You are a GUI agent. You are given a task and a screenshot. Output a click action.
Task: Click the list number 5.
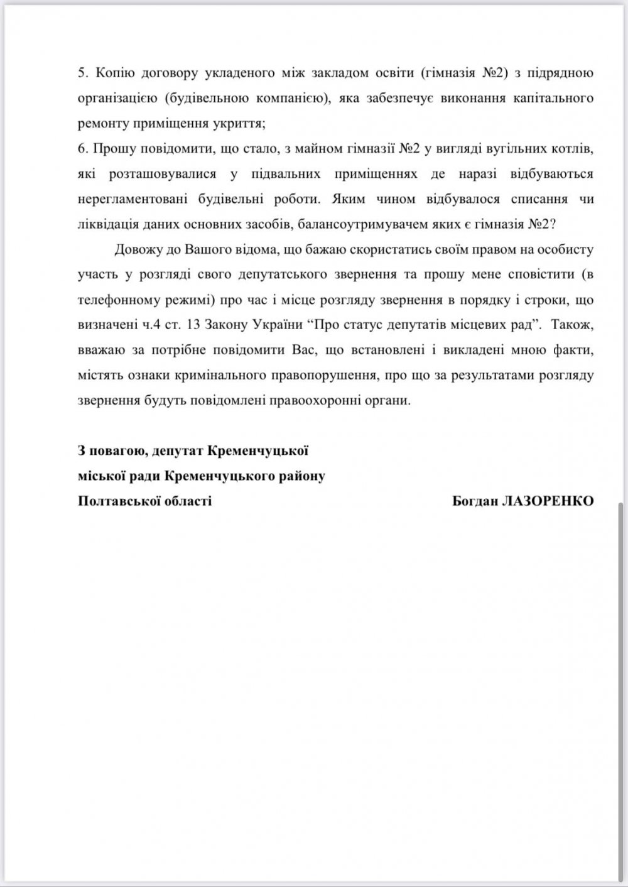pos(82,73)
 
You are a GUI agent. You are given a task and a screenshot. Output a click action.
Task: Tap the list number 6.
pos(82,148)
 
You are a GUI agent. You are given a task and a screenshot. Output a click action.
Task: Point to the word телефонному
pos(117,300)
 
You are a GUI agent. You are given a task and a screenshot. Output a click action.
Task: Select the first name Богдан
pos(473,501)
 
